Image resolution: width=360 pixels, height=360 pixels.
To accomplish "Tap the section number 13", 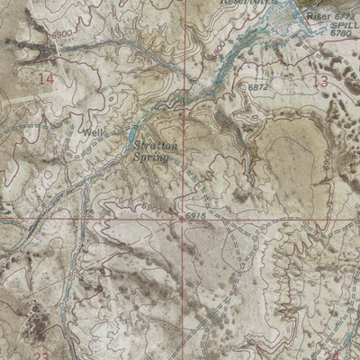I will pyautogui.click(x=319, y=82).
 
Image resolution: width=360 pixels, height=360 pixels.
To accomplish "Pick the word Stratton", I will pyautogui.click(x=153, y=143).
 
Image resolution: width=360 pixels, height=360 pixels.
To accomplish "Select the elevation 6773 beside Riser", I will pyautogui.click(x=346, y=15).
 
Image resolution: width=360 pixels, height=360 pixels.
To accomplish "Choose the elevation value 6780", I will pyautogui.click(x=345, y=37).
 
